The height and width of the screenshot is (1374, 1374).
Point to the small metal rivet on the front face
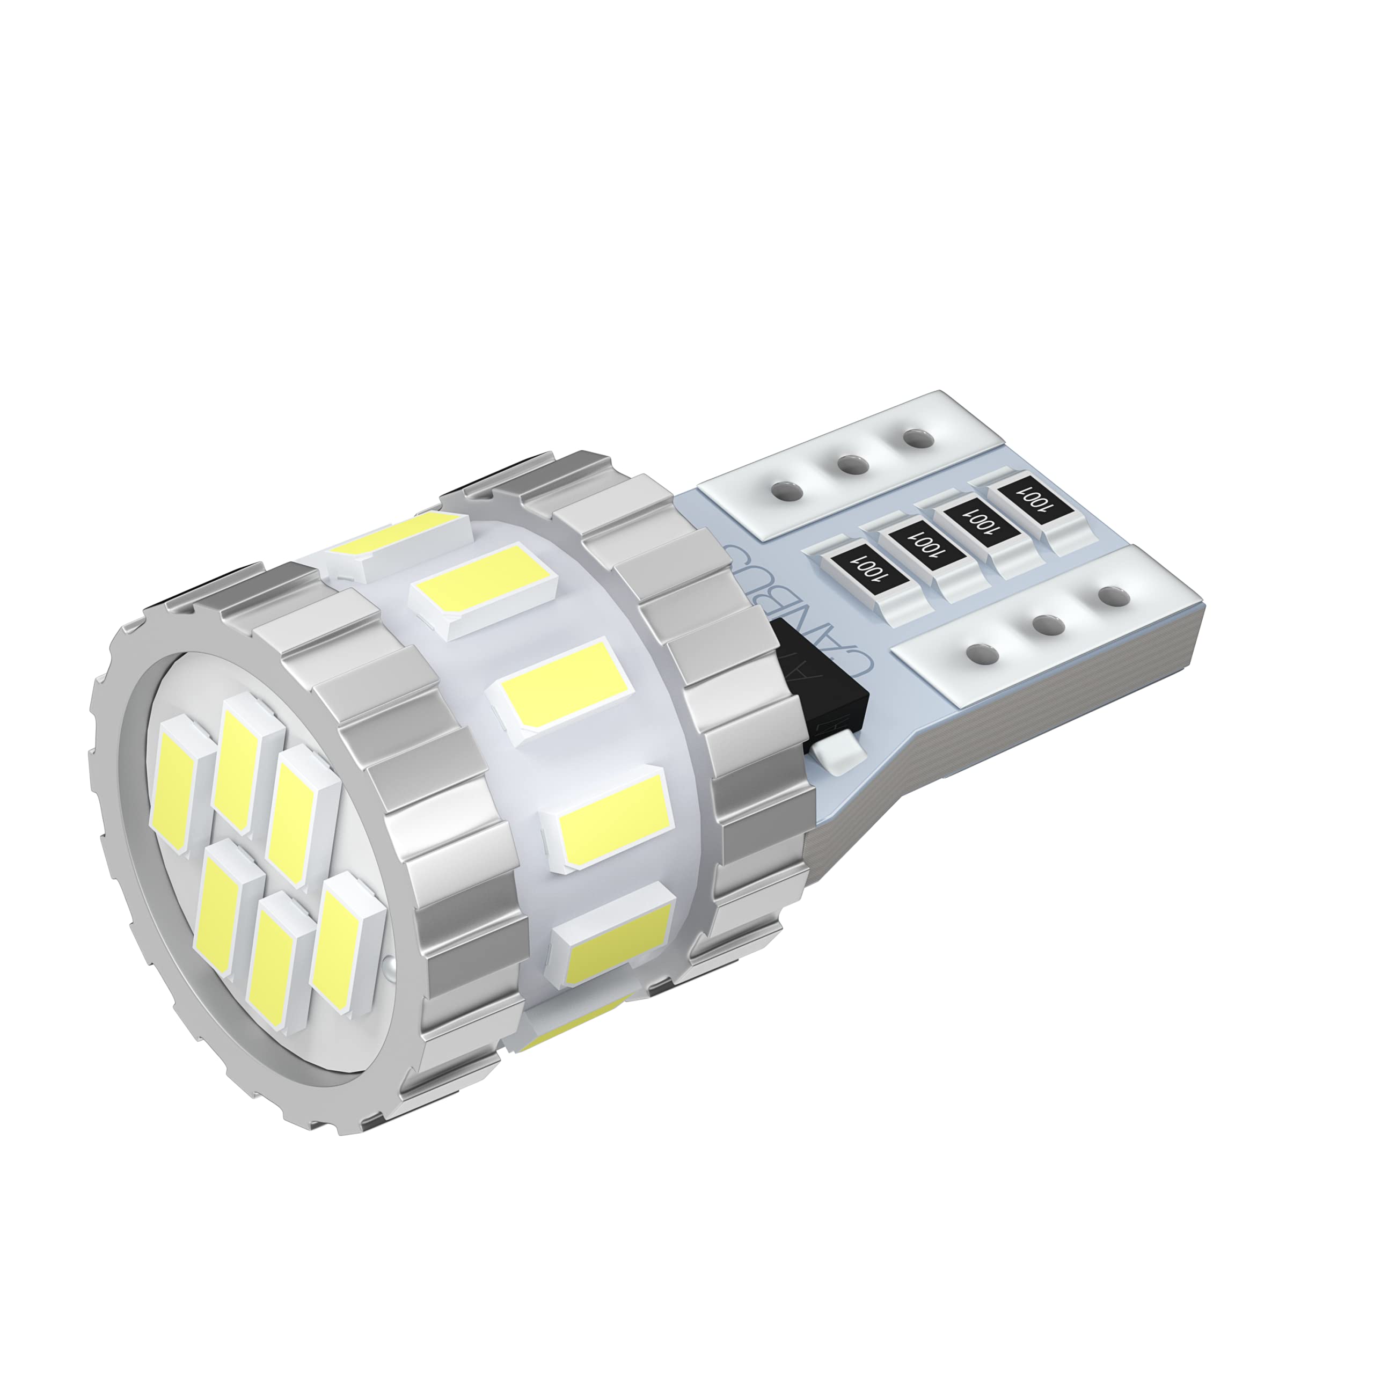click(x=388, y=966)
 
